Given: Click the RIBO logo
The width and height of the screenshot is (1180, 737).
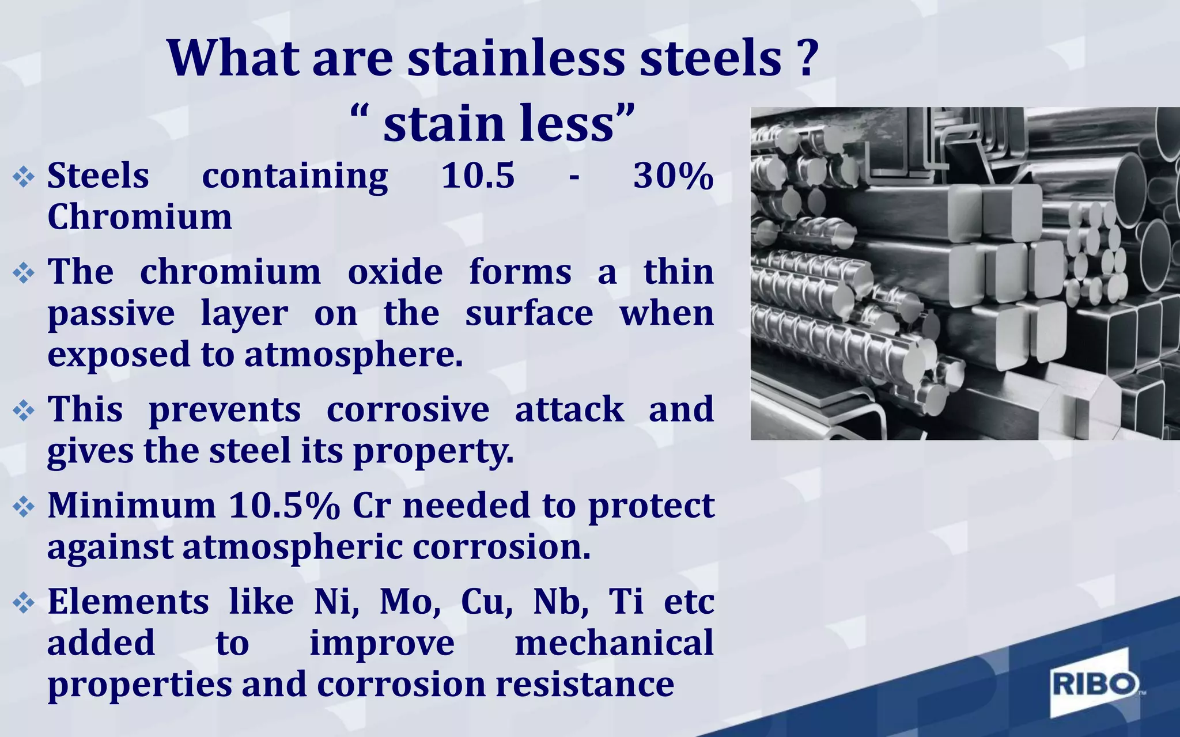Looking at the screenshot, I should [1095, 685].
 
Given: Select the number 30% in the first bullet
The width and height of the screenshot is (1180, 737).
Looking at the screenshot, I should [673, 176].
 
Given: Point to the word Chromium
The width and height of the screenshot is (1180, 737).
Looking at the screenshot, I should [139, 217].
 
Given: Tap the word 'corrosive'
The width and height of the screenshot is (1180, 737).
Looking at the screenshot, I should [408, 409].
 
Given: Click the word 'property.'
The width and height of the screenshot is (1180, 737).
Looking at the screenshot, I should [433, 451].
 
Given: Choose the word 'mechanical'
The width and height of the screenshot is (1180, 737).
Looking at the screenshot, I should [614, 643].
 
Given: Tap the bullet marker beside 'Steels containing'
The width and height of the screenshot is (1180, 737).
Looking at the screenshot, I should [24, 177].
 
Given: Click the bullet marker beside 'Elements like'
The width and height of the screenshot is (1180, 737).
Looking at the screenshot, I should [24, 603].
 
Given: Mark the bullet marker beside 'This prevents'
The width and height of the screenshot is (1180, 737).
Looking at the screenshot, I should [24, 411].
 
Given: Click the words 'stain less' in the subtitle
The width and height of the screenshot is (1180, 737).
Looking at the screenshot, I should [498, 123].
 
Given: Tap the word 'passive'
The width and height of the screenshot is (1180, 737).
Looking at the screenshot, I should [111, 313].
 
